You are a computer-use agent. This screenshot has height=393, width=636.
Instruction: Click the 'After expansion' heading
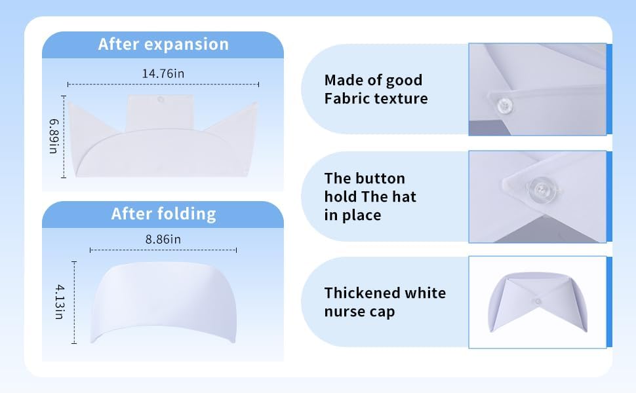[163, 44]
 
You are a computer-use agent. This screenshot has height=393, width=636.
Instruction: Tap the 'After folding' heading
[163, 214]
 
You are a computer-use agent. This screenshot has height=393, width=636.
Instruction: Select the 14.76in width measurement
[163, 74]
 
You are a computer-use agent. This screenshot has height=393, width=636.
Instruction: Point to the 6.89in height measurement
[54, 136]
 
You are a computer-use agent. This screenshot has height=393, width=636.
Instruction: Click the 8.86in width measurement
[163, 239]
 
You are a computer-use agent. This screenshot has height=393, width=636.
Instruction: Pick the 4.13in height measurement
[60, 302]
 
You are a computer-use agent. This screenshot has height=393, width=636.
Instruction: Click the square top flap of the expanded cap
[160, 112]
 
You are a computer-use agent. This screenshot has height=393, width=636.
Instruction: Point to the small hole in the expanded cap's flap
[161, 100]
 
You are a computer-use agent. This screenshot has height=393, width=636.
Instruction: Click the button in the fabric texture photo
[505, 105]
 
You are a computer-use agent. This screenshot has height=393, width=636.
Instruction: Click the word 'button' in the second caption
[378, 178]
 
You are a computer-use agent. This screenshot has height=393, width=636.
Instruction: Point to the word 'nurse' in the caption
[342, 312]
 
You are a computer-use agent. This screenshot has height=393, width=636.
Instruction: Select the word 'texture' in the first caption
[401, 98]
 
